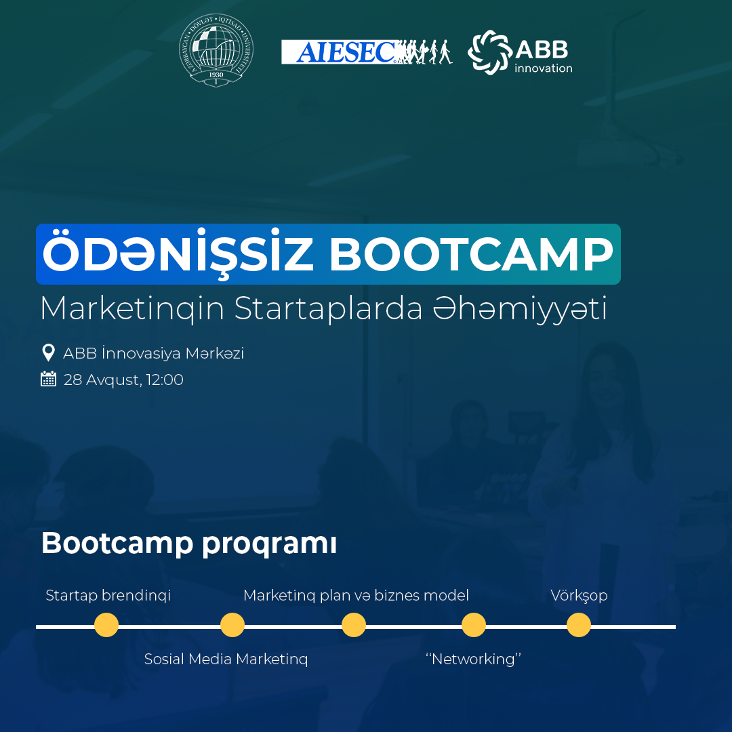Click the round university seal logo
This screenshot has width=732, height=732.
(x=216, y=50)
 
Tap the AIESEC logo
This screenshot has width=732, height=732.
(x=367, y=52)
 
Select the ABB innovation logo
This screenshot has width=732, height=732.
(x=520, y=52)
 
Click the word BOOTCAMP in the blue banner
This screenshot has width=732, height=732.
(x=471, y=254)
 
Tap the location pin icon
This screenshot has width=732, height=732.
(x=48, y=353)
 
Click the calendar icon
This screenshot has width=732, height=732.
(x=49, y=379)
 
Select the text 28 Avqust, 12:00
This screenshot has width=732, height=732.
(x=123, y=380)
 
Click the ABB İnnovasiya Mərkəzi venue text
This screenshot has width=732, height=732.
(x=154, y=353)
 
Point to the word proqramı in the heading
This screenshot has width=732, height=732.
(x=269, y=544)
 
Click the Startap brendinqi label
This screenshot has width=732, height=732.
(x=108, y=596)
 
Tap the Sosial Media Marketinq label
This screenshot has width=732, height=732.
(x=226, y=659)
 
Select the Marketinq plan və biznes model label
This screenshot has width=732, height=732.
(x=357, y=596)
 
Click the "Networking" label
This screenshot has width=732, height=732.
(x=473, y=659)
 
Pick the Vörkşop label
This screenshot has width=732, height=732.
(x=579, y=596)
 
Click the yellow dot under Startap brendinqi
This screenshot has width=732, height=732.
(x=106, y=625)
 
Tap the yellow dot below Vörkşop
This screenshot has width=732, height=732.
(x=579, y=625)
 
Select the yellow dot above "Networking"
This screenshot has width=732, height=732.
(x=474, y=625)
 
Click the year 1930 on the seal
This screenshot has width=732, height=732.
(x=216, y=75)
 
